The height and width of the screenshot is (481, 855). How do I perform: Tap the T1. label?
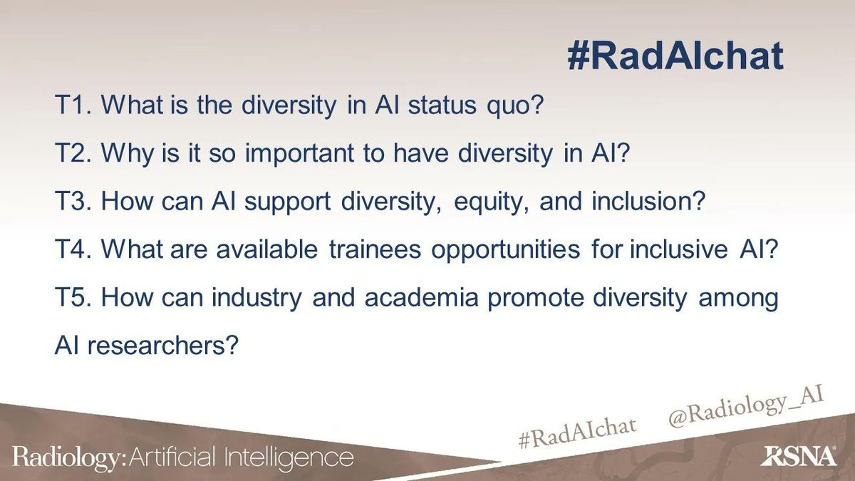tap(73, 107)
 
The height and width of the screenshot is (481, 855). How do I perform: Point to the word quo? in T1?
tap(519, 108)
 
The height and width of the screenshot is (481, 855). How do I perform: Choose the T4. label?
tap(73, 250)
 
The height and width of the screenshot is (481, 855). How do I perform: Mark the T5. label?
tap(73, 298)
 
